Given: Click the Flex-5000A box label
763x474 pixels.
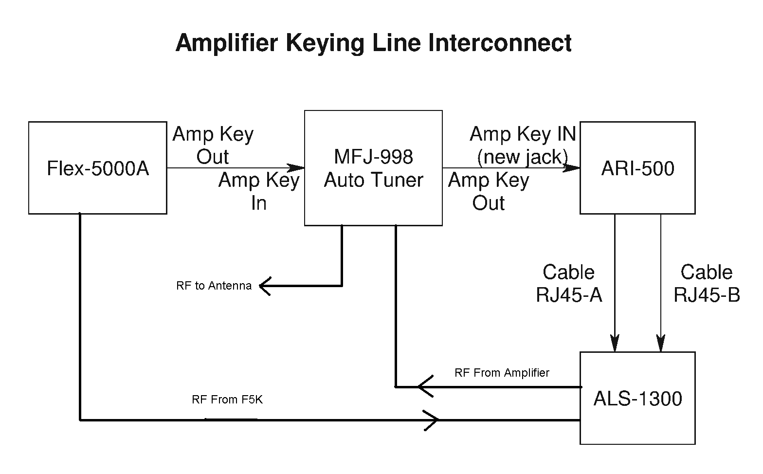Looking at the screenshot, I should pos(98,169).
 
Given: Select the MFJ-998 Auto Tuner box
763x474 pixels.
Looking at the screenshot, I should pos(373,168).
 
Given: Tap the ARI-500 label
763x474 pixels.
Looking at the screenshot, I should pos(637,169).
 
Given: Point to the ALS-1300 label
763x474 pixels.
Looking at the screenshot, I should pos(637,399).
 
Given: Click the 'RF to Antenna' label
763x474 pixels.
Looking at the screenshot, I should pos(214,286).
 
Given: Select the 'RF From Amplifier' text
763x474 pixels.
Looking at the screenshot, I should pos(502,373).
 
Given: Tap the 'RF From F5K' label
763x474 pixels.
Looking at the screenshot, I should pos(227,400).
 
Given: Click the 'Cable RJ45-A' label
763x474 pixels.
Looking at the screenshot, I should pos(569,283).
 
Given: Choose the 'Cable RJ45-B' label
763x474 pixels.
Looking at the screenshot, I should pos(707,283).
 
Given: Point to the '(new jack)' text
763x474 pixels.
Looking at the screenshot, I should pos(523,157).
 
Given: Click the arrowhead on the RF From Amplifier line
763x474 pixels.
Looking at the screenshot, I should pos(424,387).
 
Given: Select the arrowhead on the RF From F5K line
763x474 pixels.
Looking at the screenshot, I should pos(432,419).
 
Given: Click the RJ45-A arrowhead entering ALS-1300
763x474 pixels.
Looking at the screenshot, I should pos(615,344).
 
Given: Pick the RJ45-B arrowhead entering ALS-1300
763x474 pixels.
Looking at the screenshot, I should pos(660,344).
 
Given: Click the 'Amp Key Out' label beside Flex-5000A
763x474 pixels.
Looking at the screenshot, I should pos(213,145).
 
